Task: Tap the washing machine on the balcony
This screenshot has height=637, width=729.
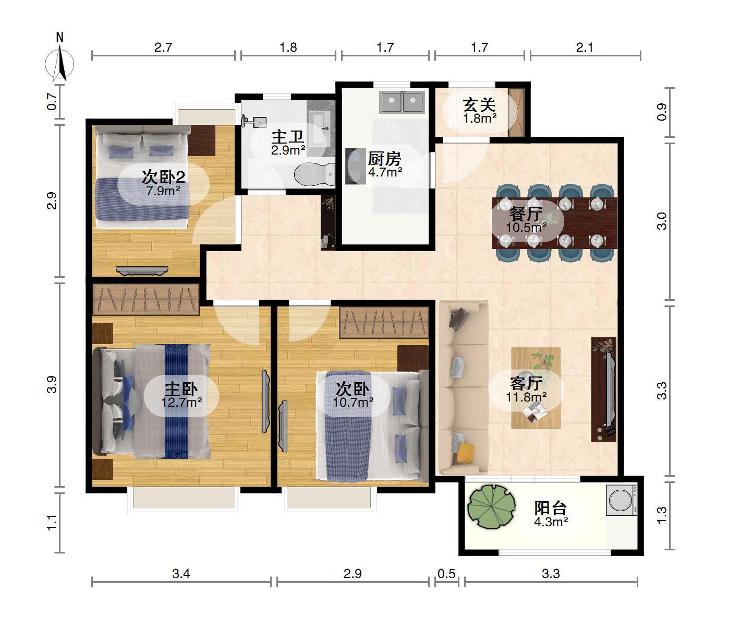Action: [622, 500]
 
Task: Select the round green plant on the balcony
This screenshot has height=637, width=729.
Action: [491, 506]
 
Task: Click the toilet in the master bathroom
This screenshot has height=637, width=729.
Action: [314, 174]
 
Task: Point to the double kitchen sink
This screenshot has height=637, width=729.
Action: [403, 102]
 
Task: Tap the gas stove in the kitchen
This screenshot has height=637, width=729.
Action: [355, 166]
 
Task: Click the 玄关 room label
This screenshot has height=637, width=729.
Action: [479, 105]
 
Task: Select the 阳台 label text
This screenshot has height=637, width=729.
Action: [550, 508]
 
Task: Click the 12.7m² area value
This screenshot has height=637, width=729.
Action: [181, 403]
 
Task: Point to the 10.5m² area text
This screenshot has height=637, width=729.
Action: [526, 227]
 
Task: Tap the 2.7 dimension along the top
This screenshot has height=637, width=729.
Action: [163, 47]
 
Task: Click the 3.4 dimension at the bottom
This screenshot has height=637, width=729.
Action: [181, 574]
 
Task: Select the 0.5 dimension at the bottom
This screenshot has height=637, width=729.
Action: [446, 574]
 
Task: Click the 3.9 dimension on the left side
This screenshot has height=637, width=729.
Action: [52, 384]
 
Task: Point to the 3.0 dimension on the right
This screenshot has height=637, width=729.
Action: [661, 221]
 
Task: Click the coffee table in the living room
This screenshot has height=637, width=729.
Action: [536, 387]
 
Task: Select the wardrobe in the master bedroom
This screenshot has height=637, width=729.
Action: [145, 300]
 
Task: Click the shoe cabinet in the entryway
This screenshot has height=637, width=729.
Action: [516, 112]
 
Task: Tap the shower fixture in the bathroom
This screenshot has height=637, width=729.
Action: [253, 121]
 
